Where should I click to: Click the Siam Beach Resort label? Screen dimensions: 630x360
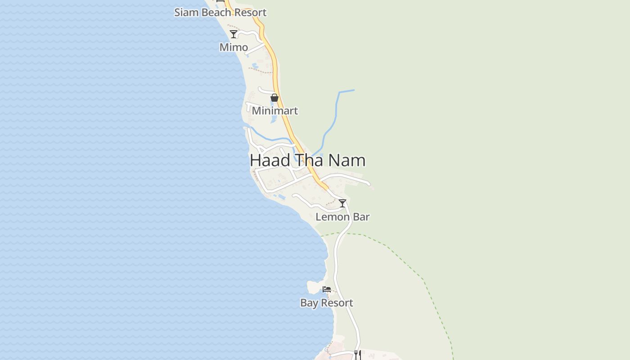[x=220, y=13]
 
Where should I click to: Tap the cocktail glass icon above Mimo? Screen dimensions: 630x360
[x=234, y=34]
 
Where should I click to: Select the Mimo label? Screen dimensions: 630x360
[x=234, y=47]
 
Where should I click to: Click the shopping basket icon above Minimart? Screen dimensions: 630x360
[x=274, y=98]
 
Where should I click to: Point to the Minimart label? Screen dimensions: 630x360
[x=274, y=111]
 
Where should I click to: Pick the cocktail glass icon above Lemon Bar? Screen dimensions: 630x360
[x=342, y=203]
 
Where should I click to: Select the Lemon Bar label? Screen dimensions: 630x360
[x=342, y=217]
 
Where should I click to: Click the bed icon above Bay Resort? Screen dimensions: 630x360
[x=327, y=289]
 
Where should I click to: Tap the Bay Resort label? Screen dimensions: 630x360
[x=327, y=303]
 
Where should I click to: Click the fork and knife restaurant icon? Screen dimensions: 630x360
[x=357, y=354]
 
